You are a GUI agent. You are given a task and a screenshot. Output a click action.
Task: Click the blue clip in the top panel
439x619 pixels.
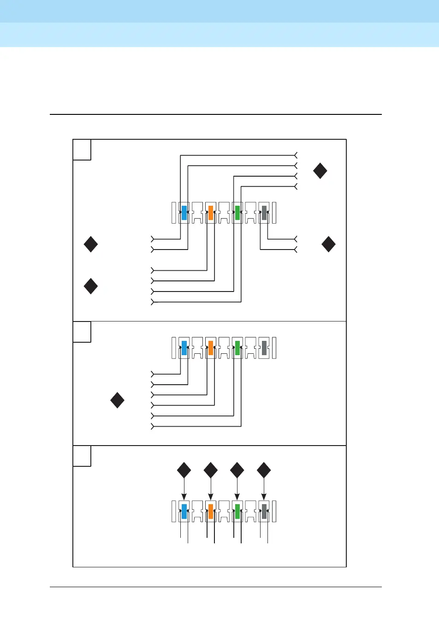click(x=184, y=213)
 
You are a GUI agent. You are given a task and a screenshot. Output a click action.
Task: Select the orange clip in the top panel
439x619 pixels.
click(x=211, y=213)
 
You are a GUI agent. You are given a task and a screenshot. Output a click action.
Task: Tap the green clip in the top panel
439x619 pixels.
click(x=237, y=213)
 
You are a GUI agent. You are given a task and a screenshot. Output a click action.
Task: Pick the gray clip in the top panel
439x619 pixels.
click(x=264, y=213)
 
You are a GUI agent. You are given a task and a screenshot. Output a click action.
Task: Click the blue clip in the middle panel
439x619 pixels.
click(x=184, y=348)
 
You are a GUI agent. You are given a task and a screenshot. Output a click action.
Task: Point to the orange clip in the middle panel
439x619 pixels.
click(x=211, y=348)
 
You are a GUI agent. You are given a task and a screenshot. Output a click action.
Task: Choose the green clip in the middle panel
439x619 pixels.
click(x=237, y=348)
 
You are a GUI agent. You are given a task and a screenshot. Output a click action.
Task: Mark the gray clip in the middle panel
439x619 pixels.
click(x=264, y=348)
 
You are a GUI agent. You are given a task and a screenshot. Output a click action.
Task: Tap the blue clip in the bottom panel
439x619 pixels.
click(x=184, y=511)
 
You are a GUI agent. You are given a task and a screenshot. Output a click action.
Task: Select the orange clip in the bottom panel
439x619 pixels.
click(x=211, y=511)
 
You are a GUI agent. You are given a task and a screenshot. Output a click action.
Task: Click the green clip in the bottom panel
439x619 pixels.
click(x=237, y=511)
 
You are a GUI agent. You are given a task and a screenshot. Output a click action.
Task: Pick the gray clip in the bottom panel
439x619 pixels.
click(x=264, y=511)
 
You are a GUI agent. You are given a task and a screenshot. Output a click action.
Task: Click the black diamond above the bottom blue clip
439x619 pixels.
click(x=184, y=470)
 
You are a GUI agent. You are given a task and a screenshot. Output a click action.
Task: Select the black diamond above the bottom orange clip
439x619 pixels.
click(x=211, y=470)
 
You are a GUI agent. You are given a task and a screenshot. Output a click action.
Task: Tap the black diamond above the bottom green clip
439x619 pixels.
click(x=237, y=470)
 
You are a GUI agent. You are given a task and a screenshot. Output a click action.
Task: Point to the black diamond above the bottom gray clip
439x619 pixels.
click(x=264, y=470)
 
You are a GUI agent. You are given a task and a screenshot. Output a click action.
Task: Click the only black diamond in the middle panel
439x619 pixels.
click(x=118, y=400)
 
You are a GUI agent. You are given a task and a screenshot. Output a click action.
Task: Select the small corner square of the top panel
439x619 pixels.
click(x=82, y=149)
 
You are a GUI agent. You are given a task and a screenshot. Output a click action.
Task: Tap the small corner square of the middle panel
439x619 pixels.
click(x=82, y=332)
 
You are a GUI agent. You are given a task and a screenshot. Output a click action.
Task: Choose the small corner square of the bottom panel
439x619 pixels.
click(x=82, y=456)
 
